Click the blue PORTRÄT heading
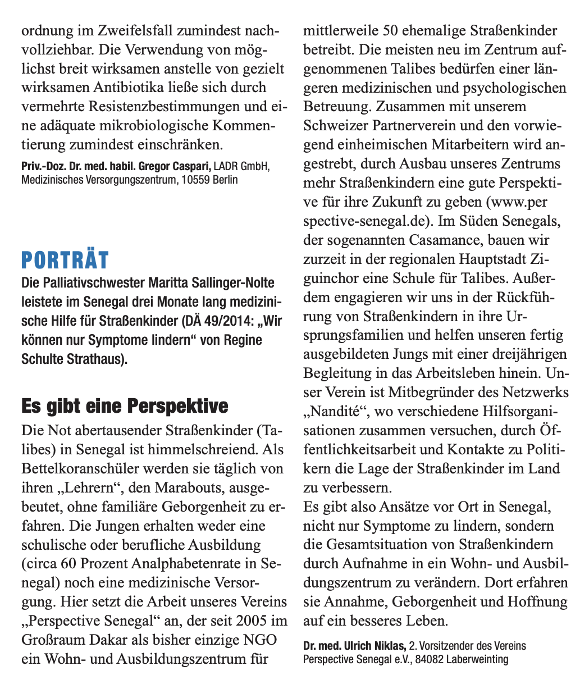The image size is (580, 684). pos(65,261)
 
